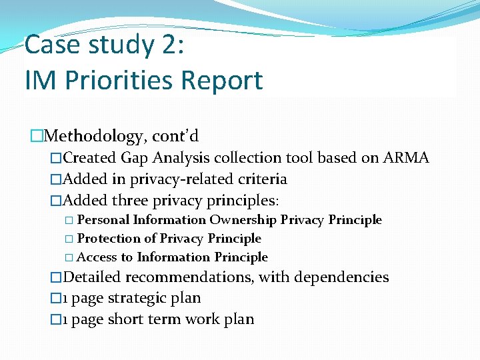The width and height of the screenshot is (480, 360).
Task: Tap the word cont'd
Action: (x=175, y=137)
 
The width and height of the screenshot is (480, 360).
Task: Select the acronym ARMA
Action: (x=406, y=158)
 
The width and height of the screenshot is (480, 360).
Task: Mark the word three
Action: (x=130, y=201)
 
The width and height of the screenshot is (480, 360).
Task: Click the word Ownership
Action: (x=243, y=220)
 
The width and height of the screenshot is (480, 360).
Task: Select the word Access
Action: (x=97, y=257)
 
